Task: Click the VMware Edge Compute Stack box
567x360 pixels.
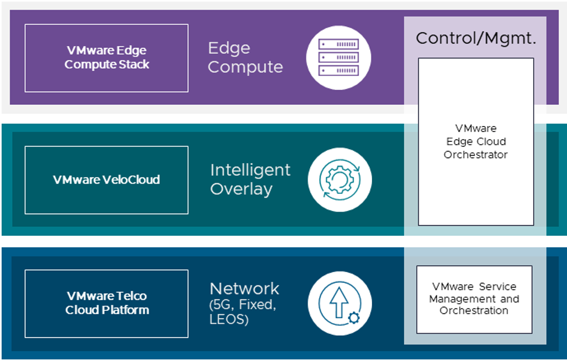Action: coord(107,58)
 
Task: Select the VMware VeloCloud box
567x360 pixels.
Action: coord(107,179)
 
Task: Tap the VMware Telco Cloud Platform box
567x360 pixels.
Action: coord(107,303)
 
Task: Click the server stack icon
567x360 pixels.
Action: coord(339,58)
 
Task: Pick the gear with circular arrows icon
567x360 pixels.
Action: coord(339,180)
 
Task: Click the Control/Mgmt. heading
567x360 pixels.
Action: coord(476,39)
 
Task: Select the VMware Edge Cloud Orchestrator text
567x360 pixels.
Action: coord(476,141)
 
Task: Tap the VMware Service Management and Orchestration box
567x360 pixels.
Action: coord(474,299)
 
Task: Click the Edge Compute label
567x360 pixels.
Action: coord(245,58)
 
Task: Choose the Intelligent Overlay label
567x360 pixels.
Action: coord(250,179)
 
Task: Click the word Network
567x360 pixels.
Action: coord(244,288)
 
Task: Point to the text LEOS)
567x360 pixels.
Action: coord(229,319)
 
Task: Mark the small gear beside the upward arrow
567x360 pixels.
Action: coord(353,317)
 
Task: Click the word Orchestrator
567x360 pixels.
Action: coord(476,155)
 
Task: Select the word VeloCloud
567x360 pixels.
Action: coord(130,179)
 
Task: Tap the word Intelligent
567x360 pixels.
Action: coord(250,170)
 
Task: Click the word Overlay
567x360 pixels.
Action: coord(241,189)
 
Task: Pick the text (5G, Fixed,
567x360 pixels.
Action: coord(243,305)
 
